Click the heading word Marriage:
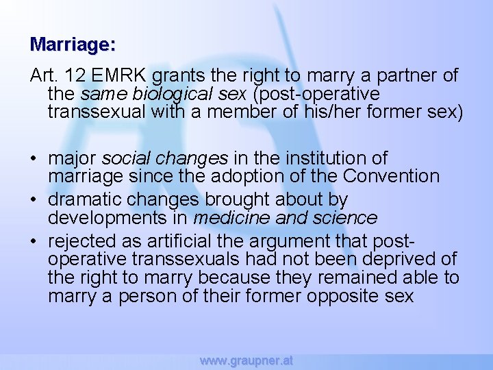[73, 45]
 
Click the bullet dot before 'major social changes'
[33, 159]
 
